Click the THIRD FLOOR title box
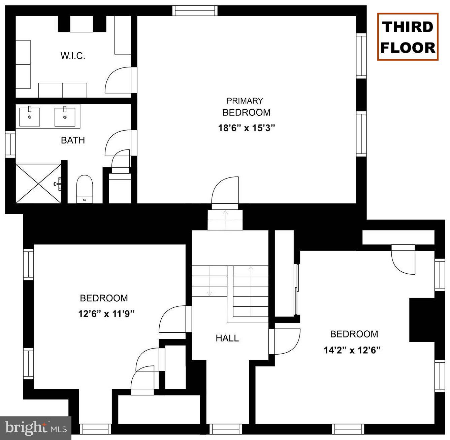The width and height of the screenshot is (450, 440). pyautogui.click(x=408, y=37)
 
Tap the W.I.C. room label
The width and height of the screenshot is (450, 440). pyautogui.click(x=73, y=56)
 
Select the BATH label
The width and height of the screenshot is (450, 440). pyautogui.click(x=73, y=140)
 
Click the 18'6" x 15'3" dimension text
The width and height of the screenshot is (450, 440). pyautogui.click(x=247, y=128)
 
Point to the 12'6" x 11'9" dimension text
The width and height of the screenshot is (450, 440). pyautogui.click(x=106, y=314)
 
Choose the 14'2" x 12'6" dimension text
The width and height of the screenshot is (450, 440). pyautogui.click(x=352, y=350)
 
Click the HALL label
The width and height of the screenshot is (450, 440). pyautogui.click(x=227, y=338)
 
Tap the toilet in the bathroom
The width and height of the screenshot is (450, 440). pyautogui.click(x=84, y=188)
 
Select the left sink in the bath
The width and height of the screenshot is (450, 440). pyautogui.click(x=30, y=117)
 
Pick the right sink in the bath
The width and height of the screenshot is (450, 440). pyautogui.click(x=65, y=117)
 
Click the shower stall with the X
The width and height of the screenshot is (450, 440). pyautogui.click(x=38, y=183)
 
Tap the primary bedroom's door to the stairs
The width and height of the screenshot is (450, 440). pyautogui.click(x=225, y=191)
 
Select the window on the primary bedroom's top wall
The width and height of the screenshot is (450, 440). pyautogui.click(x=195, y=11)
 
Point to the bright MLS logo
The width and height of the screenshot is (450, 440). pyautogui.click(x=36, y=428)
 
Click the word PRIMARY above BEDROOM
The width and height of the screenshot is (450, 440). pyautogui.click(x=245, y=101)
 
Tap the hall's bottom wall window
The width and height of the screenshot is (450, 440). pyautogui.click(x=225, y=429)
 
